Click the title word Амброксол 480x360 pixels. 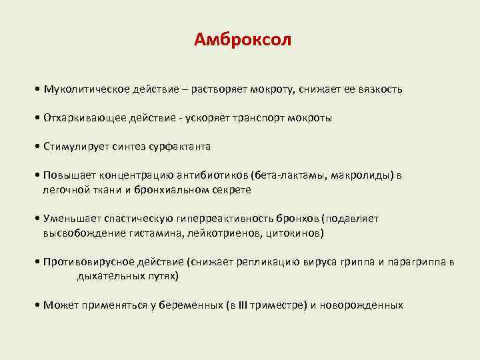243,40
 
